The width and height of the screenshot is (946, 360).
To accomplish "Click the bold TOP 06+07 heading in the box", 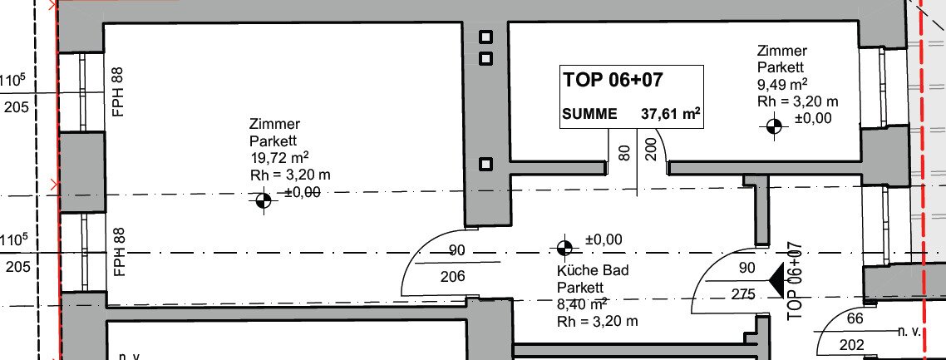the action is tap(613, 80).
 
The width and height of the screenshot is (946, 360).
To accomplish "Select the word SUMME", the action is tap(589, 114).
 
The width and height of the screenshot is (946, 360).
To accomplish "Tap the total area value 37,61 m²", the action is tap(670, 113).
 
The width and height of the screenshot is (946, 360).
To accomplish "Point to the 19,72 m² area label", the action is tap(279, 158).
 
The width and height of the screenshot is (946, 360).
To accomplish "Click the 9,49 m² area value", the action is tap(783, 85).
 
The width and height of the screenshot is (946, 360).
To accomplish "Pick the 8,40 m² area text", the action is tap(582, 303).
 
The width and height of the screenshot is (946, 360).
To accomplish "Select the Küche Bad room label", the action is tap(593, 270).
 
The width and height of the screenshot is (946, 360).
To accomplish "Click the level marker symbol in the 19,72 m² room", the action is tap(264, 201).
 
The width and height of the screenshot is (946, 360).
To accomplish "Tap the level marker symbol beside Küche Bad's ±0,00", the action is tap(564, 247).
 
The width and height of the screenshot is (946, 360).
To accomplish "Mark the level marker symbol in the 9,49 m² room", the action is tap(774, 126).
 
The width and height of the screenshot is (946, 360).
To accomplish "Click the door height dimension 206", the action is tap(453, 277).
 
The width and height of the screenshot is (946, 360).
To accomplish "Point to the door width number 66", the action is tap(855, 319).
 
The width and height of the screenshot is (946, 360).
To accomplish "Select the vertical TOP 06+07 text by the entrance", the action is tap(796, 280).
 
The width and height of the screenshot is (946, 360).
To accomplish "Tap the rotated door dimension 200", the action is tap(650, 148).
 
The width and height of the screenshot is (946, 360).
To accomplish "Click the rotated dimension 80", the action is tap(625, 152).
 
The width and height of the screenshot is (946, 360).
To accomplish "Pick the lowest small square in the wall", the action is tap(485, 164).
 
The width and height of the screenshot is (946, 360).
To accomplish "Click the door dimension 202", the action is tap(851, 346).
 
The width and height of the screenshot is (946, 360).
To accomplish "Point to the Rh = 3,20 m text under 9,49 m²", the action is tap(797, 102).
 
